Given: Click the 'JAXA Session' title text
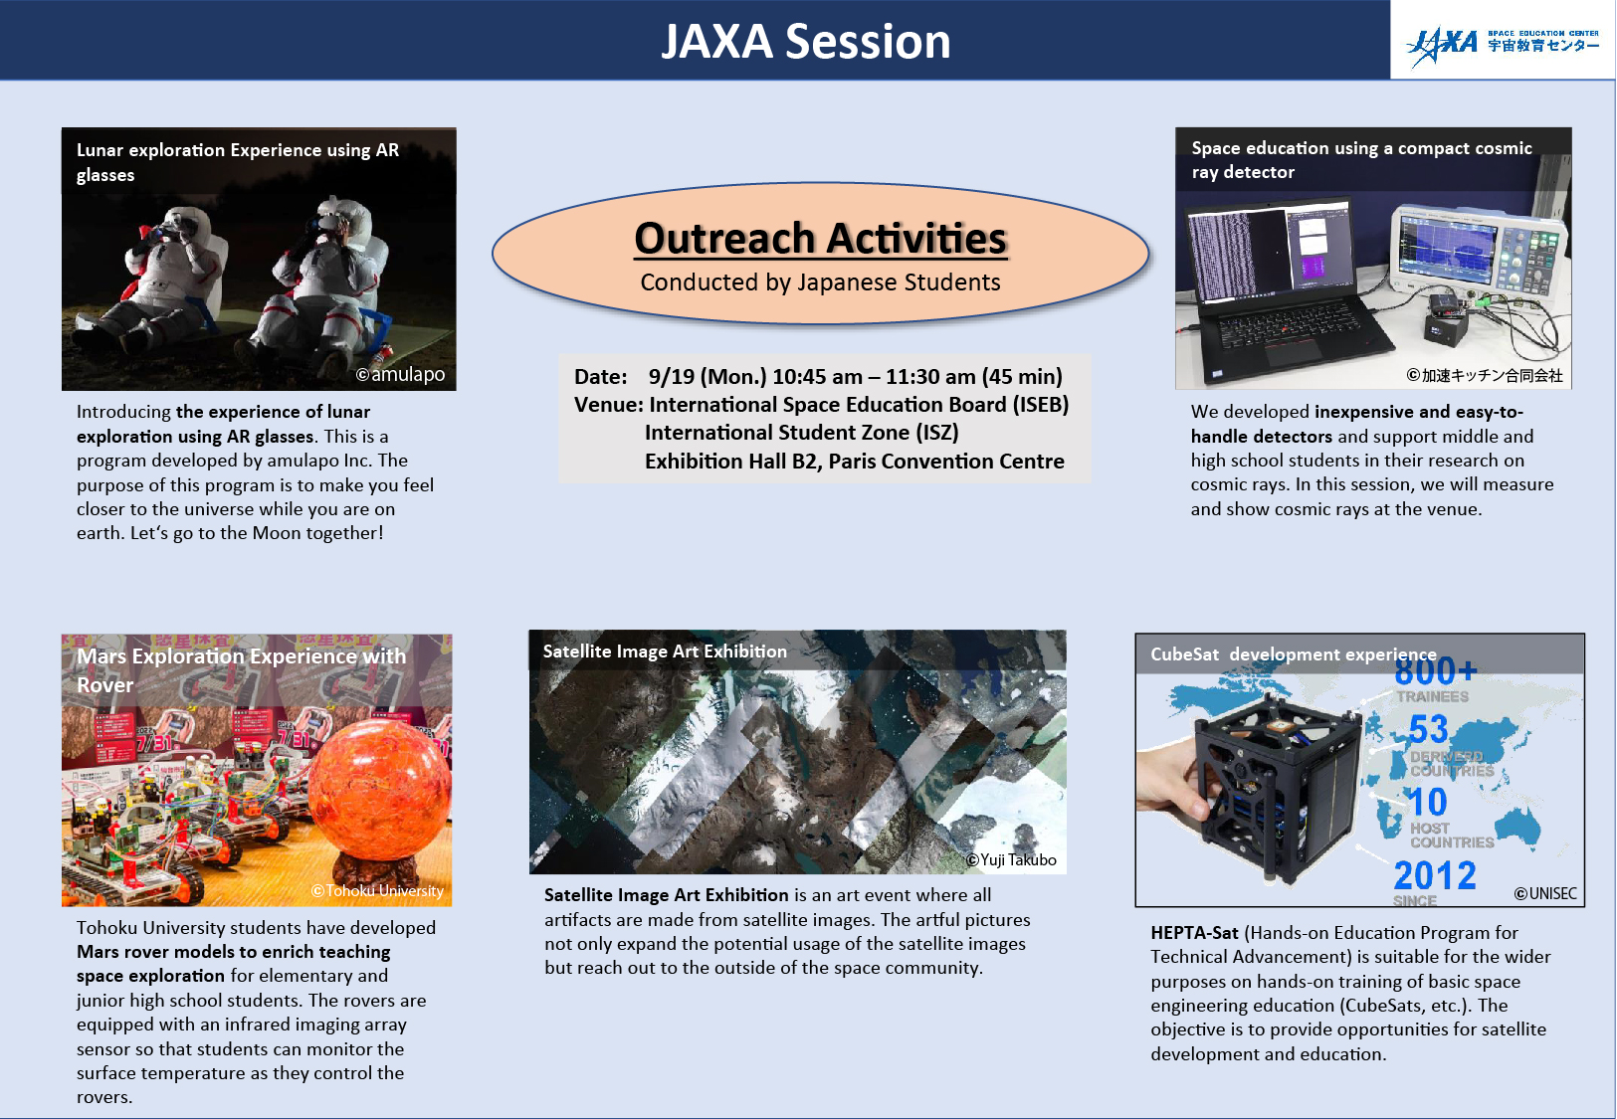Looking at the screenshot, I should [x=806, y=42].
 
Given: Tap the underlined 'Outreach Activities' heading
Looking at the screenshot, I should [x=821, y=239].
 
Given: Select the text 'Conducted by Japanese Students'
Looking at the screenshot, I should [x=820, y=282].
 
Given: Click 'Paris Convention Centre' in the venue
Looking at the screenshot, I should [x=946, y=462].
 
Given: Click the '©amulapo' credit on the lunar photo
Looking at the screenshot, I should [x=400, y=375].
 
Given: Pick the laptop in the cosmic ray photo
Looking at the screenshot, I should [x=1279, y=288].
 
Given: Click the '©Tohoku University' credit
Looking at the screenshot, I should [x=377, y=891].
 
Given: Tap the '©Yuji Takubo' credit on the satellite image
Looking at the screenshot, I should [x=1011, y=860].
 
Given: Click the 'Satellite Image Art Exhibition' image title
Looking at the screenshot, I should [x=665, y=652].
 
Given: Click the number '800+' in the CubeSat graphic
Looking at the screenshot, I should [x=1435, y=672].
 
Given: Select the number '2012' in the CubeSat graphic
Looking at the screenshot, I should [x=1434, y=876].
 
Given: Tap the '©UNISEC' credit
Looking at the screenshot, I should [x=1545, y=894].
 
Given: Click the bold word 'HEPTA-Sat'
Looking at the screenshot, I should [x=1194, y=933].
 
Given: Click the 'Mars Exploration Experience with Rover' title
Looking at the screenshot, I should [x=241, y=669].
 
